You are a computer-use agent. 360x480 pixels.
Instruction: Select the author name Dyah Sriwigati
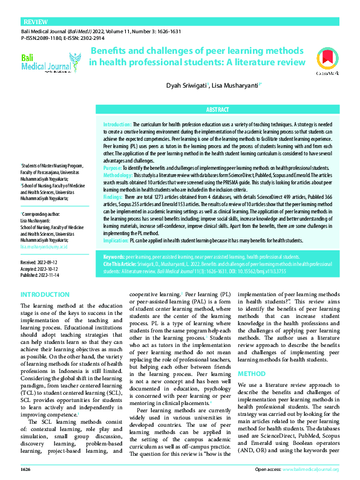[x=187, y=86]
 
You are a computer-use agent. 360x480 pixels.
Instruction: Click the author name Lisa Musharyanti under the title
[x=236, y=86]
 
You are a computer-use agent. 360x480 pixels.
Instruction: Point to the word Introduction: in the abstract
[x=113, y=123]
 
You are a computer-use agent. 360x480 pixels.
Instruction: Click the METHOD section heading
[x=252, y=357]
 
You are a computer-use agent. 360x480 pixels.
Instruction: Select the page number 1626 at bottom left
[x=25, y=469]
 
